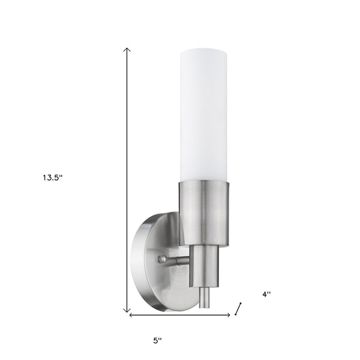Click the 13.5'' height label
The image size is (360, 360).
pyautogui.click(x=52, y=178)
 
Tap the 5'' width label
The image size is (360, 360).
pyautogui.click(x=158, y=340)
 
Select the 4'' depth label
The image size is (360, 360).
pyautogui.click(x=266, y=294)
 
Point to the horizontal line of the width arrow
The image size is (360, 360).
pyautogui.click(x=180, y=315)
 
